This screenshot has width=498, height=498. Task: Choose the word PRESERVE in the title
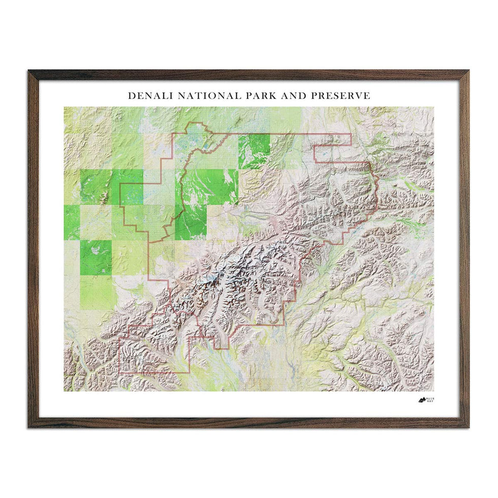343,96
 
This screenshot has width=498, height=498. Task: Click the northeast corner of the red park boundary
351,135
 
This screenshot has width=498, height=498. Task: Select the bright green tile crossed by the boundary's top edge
254,150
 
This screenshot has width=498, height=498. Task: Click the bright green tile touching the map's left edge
72,222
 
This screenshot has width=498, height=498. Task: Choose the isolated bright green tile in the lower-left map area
96,257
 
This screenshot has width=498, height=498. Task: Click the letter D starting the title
131,96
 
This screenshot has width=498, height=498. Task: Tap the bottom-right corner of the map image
433,391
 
